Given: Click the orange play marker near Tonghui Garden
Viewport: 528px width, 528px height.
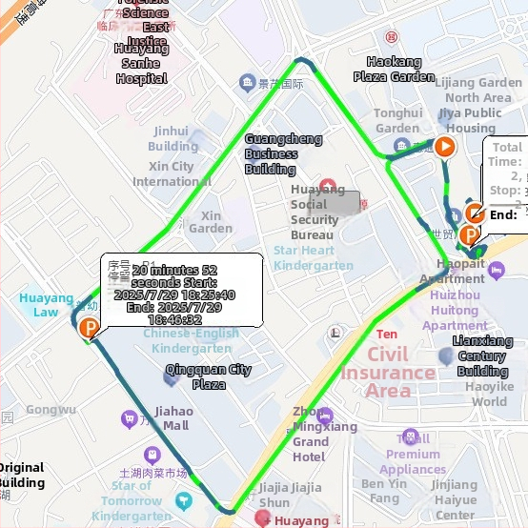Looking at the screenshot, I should coord(444,147).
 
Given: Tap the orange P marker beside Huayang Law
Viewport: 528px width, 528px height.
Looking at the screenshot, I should coord(90,330).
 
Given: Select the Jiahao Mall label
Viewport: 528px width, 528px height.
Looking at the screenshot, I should coord(172,418).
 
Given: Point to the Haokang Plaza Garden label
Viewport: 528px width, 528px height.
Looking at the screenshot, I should coord(394,70).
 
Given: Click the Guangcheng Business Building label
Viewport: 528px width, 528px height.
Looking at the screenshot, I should coord(283,153).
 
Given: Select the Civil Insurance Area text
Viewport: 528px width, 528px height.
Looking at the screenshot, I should coord(388,372).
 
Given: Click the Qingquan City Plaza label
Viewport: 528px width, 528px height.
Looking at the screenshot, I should coord(209,376).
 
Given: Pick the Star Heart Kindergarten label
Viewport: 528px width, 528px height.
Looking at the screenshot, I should coord(314,258).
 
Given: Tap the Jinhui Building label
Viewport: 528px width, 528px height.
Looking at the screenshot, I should coord(173,139).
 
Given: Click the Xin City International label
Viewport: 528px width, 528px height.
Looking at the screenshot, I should coord(172,173).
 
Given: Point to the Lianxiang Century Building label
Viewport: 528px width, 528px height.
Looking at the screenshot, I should coord(482,355).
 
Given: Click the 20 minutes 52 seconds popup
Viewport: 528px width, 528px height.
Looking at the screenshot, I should coord(181,289).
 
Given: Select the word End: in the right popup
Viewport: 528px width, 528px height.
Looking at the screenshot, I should coord(502,214).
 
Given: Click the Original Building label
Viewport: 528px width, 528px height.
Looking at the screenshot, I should coord(21,475).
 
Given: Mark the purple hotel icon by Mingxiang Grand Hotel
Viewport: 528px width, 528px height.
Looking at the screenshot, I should coord(325,416).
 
